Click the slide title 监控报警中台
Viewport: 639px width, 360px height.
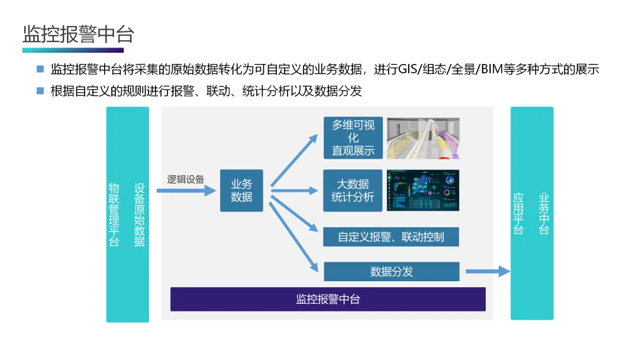click(78, 34)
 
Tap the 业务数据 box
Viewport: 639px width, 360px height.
click(241, 191)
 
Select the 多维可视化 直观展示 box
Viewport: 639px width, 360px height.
click(353, 137)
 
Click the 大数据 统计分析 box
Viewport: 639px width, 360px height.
click(353, 191)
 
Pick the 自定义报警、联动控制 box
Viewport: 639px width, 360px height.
click(391, 237)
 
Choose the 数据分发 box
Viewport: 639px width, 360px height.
click(391, 272)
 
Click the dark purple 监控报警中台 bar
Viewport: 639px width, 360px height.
click(328, 299)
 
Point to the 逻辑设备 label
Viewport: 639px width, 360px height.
click(186, 179)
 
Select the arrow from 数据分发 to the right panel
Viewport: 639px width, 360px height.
click(487, 271)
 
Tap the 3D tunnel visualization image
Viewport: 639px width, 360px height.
click(423, 138)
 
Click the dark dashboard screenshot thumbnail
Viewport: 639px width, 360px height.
click(423, 190)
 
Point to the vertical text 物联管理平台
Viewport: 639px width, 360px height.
click(114, 214)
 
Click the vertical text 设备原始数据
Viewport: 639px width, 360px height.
click(140, 214)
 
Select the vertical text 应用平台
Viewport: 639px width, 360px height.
click(519, 214)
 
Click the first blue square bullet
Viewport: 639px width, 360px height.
click(40, 69)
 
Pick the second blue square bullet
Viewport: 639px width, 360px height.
click(40, 91)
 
